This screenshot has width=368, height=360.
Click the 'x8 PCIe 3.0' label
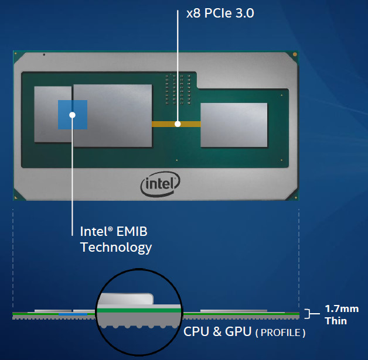pyautogui.click(x=219, y=12)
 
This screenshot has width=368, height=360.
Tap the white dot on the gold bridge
pyautogui.click(x=177, y=124)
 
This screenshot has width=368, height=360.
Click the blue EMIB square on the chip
pyautogui.click(x=72, y=114)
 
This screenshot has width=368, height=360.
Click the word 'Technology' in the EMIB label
pyautogui.click(x=116, y=247)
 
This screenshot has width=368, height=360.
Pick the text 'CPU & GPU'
pyautogui.click(x=217, y=332)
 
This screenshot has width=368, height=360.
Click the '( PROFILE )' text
pyautogui.click(x=280, y=332)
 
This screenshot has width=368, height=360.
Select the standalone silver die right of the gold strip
pyautogui.click(x=234, y=125)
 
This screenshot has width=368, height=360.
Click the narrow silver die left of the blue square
pyautogui.click(x=53, y=114)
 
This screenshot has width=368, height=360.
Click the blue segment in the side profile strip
pyautogui.click(x=73, y=314)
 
